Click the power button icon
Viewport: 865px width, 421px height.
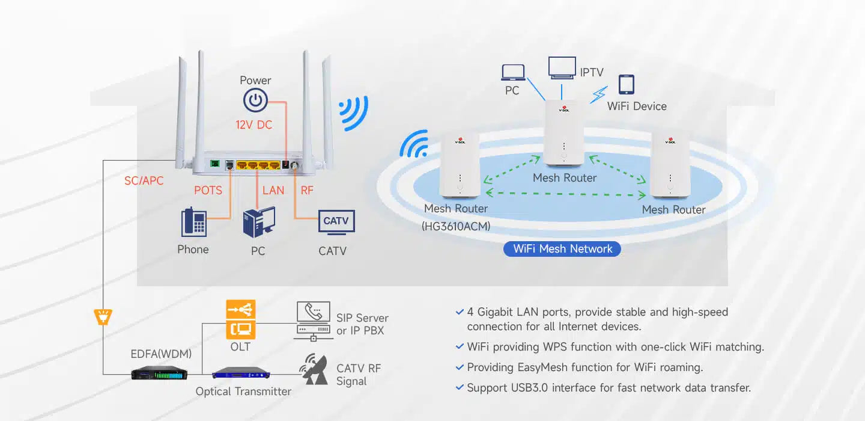pos(255,100)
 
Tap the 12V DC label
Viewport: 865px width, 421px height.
pos(253,125)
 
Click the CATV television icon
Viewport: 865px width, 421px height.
pos(336,222)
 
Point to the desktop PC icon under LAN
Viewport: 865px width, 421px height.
pos(259,223)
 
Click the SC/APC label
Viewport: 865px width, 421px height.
pos(144,180)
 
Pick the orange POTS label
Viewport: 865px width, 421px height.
pos(208,190)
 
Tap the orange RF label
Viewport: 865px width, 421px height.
pos(307,190)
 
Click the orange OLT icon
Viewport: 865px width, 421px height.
pos(240,319)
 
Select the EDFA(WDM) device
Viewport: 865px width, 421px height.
pos(159,373)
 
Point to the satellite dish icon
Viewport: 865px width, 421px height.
pos(314,369)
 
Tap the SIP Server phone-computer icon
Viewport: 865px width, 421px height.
pos(313,321)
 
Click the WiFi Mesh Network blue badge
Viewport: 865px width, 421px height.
pos(562,249)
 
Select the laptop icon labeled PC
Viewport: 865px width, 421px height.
pos(512,73)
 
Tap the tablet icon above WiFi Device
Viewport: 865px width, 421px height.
pos(626,84)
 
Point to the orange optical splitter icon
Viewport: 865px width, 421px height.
pos(103,316)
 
